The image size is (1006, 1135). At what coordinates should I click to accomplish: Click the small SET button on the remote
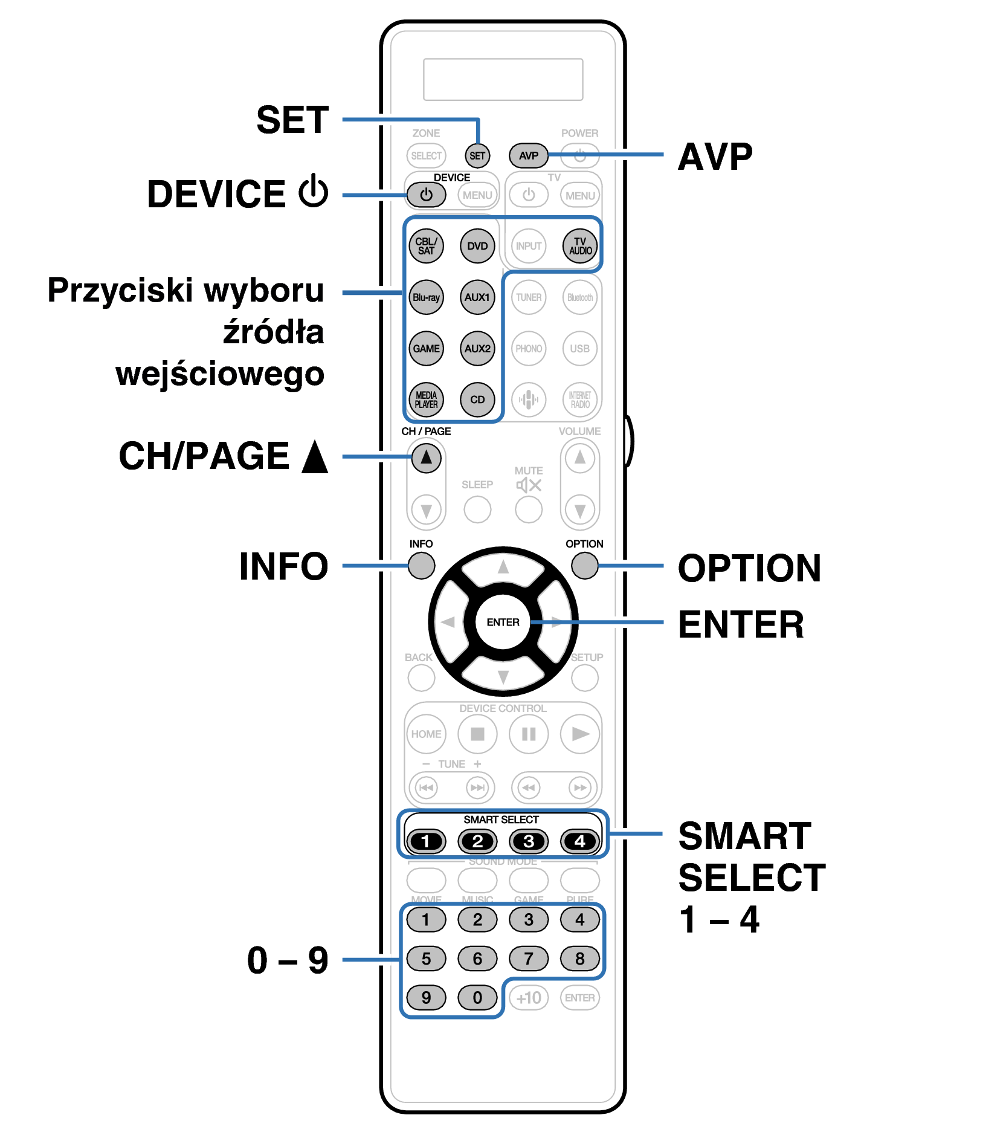477,155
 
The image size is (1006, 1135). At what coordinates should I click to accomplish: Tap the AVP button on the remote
528,155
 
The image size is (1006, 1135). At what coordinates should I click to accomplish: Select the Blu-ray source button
426,297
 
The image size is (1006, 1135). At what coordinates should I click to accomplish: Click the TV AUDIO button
580,246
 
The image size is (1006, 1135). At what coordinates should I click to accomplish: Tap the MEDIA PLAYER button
426,399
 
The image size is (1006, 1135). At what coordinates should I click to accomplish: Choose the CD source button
477,399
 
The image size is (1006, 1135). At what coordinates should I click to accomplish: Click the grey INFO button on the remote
421,566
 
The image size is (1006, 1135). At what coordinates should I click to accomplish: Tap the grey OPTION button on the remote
584,566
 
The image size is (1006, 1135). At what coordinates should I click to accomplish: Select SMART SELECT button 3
528,841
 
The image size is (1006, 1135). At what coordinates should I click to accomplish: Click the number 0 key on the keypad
477,997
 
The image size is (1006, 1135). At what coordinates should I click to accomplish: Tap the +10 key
528,997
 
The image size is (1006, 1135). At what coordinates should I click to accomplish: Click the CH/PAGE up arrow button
426,458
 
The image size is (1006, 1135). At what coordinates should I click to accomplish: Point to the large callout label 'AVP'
715,157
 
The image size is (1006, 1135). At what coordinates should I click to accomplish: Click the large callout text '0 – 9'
287,960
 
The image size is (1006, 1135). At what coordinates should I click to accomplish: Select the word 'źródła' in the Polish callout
273,332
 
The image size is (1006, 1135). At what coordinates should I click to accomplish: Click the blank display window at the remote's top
503,79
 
